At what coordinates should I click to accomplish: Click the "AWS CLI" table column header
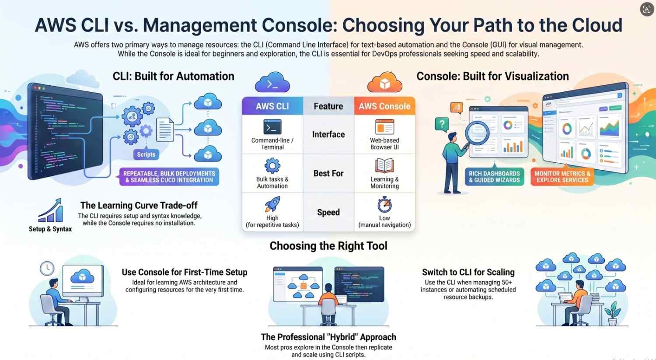272,106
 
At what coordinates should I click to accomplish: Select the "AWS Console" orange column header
384,106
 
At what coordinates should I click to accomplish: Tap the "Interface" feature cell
328,134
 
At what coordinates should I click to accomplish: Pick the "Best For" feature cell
328,173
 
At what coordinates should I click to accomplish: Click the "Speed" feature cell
328,212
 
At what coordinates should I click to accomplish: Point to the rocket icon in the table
272,204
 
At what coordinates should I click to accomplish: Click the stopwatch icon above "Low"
384,204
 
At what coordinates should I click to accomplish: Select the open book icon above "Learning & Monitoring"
384,166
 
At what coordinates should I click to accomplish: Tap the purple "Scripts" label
146,154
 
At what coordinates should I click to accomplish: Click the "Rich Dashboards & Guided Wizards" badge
494,177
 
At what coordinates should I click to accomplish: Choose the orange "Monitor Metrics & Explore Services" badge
562,177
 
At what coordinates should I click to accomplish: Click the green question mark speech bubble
442,124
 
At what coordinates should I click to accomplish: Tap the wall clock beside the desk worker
47,268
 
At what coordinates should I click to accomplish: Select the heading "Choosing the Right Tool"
328,246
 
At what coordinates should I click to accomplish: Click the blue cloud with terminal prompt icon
272,83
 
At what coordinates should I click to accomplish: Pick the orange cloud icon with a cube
384,83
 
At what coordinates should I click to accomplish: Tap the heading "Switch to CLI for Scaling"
468,272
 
